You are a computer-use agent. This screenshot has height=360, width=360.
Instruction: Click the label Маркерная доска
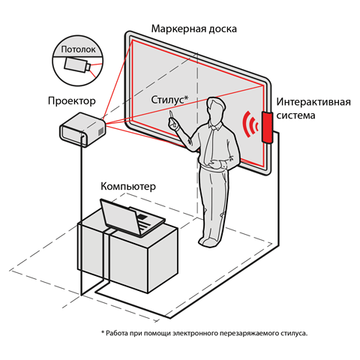click(194, 29)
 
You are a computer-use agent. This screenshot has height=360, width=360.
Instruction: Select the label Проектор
click(72, 100)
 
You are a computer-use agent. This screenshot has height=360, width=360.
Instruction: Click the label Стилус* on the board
click(169, 100)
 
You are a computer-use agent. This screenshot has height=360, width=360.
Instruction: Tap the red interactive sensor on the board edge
click(266, 127)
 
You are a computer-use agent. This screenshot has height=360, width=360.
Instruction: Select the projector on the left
click(83, 128)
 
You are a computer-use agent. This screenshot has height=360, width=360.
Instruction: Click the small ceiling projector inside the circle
click(77, 64)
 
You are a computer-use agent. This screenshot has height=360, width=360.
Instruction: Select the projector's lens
click(99, 132)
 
